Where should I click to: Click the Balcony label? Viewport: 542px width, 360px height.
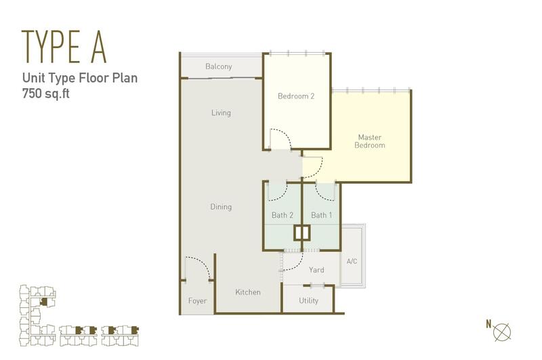pyautogui.click(x=218, y=66)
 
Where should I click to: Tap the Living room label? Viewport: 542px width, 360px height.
pyautogui.click(x=222, y=113)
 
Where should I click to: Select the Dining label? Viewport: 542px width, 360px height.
pyautogui.click(x=221, y=207)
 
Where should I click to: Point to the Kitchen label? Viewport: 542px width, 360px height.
pyautogui.click(x=248, y=292)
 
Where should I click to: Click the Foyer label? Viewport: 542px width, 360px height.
pyautogui.click(x=198, y=301)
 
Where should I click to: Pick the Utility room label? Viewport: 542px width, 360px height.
pyautogui.click(x=309, y=300)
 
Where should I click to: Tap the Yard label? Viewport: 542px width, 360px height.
pyautogui.click(x=316, y=270)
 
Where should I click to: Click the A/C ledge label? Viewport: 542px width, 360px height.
pyautogui.click(x=352, y=261)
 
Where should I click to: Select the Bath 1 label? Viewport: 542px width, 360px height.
pyautogui.click(x=321, y=215)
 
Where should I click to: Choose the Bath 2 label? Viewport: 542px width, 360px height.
pyautogui.click(x=283, y=215)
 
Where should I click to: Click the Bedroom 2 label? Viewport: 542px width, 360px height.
pyautogui.click(x=296, y=96)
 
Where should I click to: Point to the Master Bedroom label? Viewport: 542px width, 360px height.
pyautogui.click(x=370, y=141)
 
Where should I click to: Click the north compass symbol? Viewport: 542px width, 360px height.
pyautogui.click(x=502, y=332)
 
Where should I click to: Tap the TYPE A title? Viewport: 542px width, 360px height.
pyautogui.click(x=64, y=47)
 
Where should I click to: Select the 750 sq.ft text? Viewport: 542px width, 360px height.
pyautogui.click(x=46, y=94)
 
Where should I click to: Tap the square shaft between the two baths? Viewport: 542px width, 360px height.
pyautogui.click(x=302, y=233)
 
